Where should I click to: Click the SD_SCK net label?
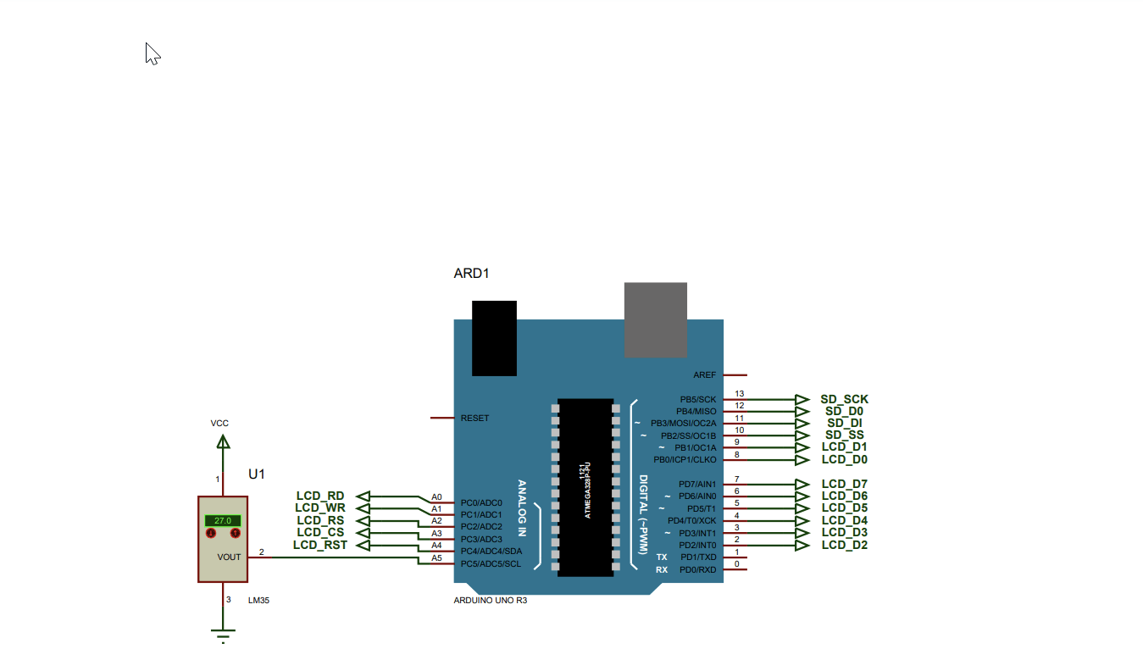coord(844,399)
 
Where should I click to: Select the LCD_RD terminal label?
coord(320,496)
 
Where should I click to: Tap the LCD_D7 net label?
coord(844,484)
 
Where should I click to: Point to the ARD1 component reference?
coord(472,274)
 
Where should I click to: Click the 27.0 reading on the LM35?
coord(223,520)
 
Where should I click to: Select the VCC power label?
coord(219,423)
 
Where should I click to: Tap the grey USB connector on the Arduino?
coord(656,319)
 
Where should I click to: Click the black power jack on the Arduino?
coord(494,337)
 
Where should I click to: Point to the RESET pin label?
coord(474,419)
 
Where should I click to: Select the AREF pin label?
coord(704,374)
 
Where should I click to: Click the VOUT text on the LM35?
coord(229,557)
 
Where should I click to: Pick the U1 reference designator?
coord(257,474)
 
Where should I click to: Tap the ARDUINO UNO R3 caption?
coord(491,600)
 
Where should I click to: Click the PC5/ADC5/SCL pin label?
coord(491,564)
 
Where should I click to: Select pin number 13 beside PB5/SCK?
coord(739,394)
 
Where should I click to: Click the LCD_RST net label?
coord(320,545)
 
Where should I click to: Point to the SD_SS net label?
coord(844,435)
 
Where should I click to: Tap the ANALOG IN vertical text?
coord(522,508)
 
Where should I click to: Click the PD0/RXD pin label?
coord(697,569)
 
